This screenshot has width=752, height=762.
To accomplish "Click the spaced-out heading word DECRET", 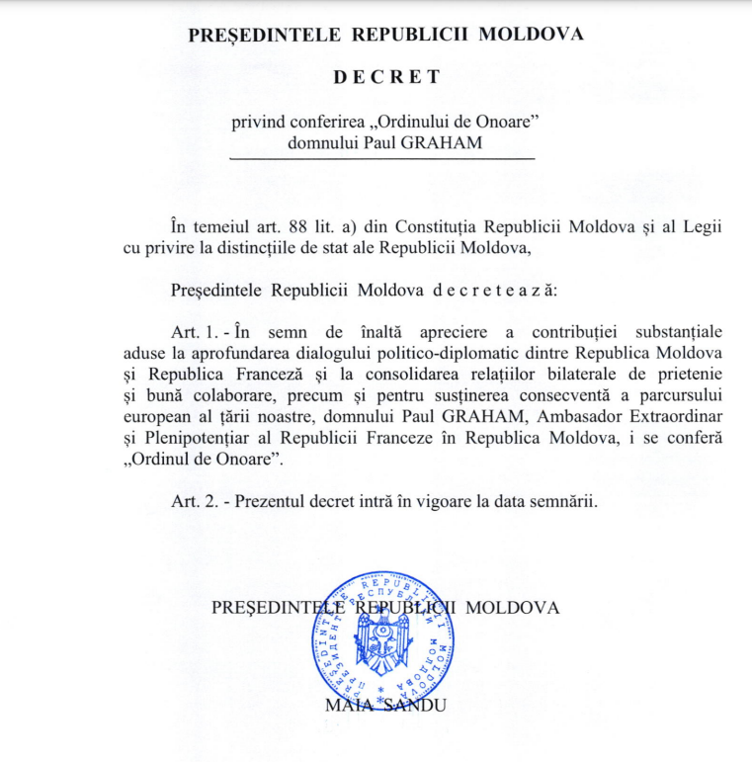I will click(x=385, y=75).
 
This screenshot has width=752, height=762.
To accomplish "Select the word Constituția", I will click(x=455, y=226).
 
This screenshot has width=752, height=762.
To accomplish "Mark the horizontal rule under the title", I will click(x=381, y=158).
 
